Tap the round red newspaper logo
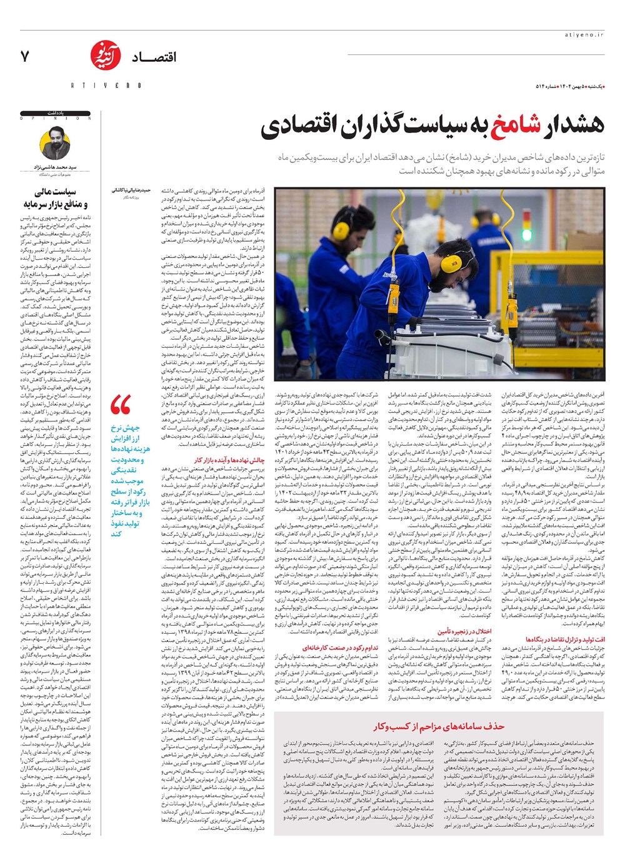pos(102,56)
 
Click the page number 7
pos(25,57)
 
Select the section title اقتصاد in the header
pos(154,57)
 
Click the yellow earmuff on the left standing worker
pos(342,217)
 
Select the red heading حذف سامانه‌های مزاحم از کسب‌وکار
pos(439,726)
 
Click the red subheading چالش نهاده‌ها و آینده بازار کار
pos(229,460)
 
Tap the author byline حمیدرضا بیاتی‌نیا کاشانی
pos(131,189)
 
